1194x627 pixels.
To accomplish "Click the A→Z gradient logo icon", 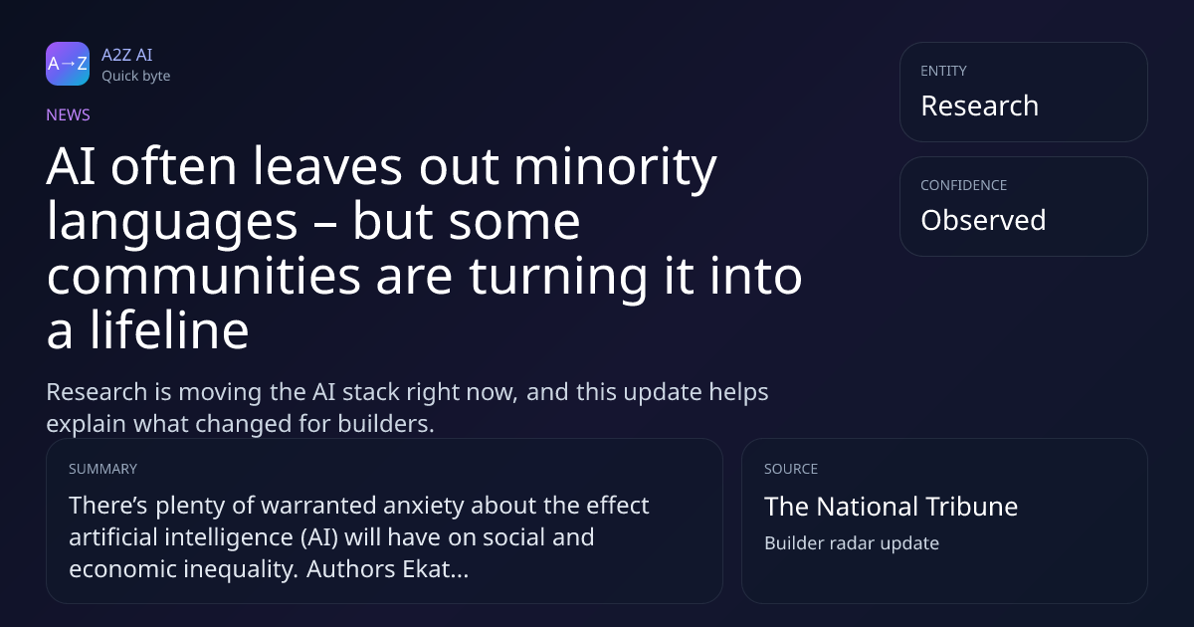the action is click(x=68, y=64).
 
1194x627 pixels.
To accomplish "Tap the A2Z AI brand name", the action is click(x=127, y=55).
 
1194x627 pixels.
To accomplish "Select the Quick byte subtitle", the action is click(x=136, y=77).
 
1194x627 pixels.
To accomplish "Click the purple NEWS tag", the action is click(x=69, y=114).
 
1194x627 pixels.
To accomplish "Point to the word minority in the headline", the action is click(x=615, y=168).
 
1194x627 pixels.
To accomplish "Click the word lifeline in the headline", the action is click(x=169, y=330).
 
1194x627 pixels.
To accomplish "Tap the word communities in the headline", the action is click(x=204, y=276).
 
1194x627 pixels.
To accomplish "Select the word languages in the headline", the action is click(x=172, y=222).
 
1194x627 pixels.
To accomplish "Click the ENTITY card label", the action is click(x=943, y=71).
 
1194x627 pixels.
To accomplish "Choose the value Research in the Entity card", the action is click(x=980, y=105).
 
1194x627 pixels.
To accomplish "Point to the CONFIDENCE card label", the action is click(x=964, y=185).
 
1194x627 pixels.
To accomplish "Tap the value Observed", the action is click(x=983, y=220).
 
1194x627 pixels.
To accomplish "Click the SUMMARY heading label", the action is click(x=102, y=469).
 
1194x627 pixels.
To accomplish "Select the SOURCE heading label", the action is click(x=791, y=469).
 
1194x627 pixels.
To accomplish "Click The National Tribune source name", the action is click(x=892, y=507).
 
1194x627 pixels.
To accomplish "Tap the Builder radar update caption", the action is click(x=852, y=543).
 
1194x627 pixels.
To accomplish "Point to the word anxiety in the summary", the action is click(x=424, y=506).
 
